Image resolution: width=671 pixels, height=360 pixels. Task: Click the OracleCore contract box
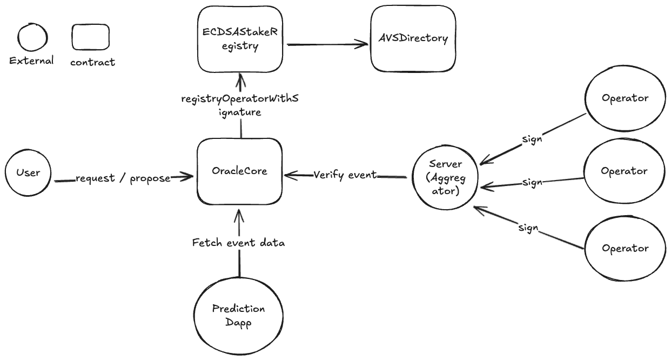240,171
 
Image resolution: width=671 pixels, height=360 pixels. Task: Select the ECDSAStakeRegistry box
240,39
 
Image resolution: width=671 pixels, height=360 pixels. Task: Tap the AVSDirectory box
413,39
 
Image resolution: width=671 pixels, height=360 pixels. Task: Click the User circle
28,172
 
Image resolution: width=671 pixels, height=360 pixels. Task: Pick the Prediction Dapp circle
238,316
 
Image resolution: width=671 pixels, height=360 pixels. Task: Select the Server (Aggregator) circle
445,177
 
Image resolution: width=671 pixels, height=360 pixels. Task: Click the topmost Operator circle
625,98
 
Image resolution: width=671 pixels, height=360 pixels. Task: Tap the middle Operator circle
625,171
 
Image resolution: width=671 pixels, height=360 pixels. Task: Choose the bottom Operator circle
625,248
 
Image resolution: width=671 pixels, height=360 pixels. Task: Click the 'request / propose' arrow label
123,178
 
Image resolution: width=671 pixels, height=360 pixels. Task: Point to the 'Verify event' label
345,175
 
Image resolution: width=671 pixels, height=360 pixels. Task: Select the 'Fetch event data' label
238,243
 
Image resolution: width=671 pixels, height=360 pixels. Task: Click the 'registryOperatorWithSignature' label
240,105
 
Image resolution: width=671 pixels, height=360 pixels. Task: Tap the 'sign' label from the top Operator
532,139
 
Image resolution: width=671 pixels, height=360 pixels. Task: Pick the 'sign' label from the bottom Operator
528,228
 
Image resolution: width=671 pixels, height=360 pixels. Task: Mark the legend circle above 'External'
32,37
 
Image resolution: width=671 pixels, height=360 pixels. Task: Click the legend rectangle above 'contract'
90,37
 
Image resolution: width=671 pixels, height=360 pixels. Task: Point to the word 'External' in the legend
31,61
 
